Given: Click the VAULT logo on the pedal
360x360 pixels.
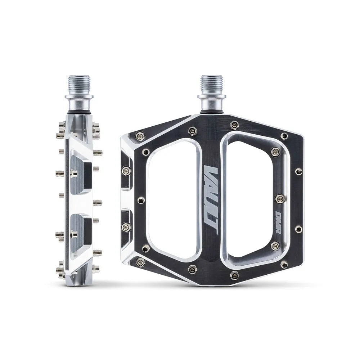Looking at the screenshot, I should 211,200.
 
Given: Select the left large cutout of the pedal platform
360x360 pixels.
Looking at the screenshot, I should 173,200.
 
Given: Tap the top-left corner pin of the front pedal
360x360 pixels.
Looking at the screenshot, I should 140,136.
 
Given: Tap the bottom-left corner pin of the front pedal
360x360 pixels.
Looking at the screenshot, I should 140,262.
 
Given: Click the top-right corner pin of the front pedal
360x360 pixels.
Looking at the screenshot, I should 284,136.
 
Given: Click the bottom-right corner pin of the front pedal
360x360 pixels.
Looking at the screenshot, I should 284,265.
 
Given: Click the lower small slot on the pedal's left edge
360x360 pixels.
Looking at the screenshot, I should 126,227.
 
